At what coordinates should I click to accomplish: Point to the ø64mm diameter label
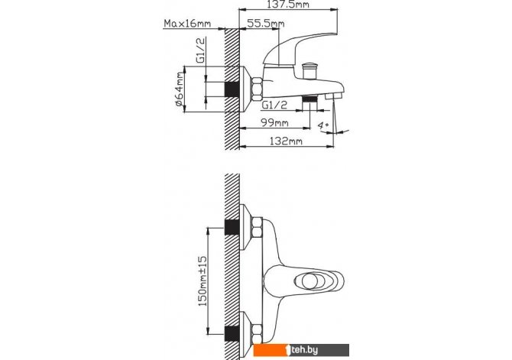(179, 90)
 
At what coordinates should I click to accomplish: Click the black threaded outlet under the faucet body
(310, 99)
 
